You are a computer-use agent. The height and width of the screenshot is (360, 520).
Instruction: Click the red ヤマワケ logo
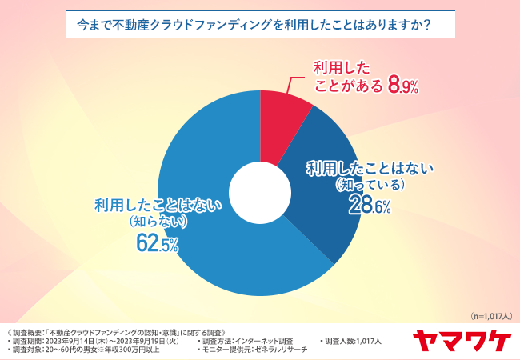[462, 340]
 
